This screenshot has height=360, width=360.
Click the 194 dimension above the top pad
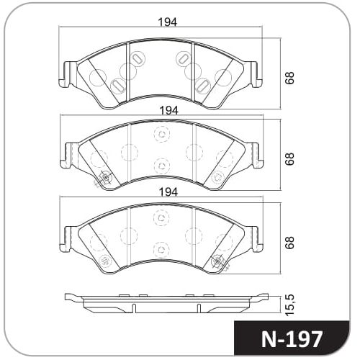[x=168, y=22]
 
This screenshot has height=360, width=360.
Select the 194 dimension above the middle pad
[x=169, y=111]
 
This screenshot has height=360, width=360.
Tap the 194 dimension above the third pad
[x=168, y=192]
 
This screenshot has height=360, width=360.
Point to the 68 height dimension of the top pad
[x=289, y=78]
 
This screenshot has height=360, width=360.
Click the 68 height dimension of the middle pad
[x=289, y=158]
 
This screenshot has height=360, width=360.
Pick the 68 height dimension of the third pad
[x=289, y=243]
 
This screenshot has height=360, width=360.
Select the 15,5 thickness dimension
[x=289, y=305]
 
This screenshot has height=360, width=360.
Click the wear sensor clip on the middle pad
[x=104, y=178]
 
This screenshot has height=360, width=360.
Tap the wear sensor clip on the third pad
[x=219, y=261]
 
